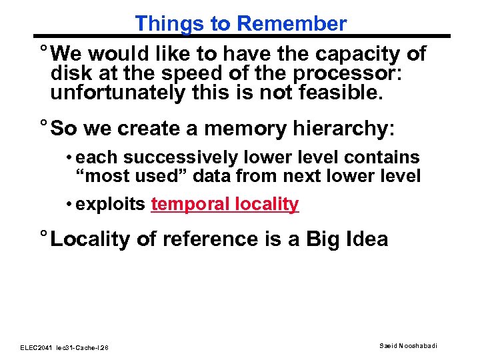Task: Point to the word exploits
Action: (x=110, y=204)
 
